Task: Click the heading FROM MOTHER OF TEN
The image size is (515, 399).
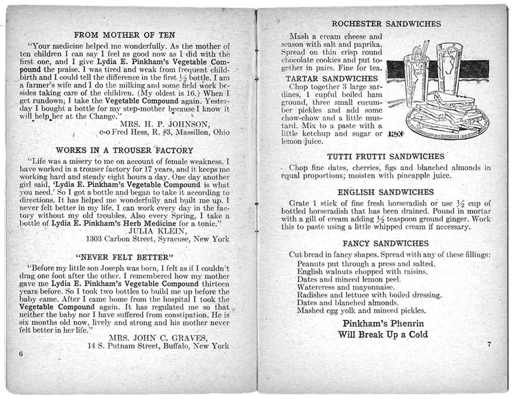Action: pyautogui.click(x=124, y=34)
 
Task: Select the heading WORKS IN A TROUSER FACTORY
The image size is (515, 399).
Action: pyautogui.click(x=124, y=151)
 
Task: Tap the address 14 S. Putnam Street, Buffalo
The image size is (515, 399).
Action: pyautogui.click(x=158, y=345)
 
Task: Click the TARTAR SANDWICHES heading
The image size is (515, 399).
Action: pyautogui.click(x=328, y=79)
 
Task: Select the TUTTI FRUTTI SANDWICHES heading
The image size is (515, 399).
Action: pyautogui.click(x=386, y=156)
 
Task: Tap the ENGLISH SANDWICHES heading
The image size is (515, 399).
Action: pyautogui.click(x=386, y=192)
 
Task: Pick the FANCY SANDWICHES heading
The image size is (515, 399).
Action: pyautogui.click(x=386, y=244)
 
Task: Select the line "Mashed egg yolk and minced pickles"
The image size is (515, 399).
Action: pyautogui.click(x=361, y=310)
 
